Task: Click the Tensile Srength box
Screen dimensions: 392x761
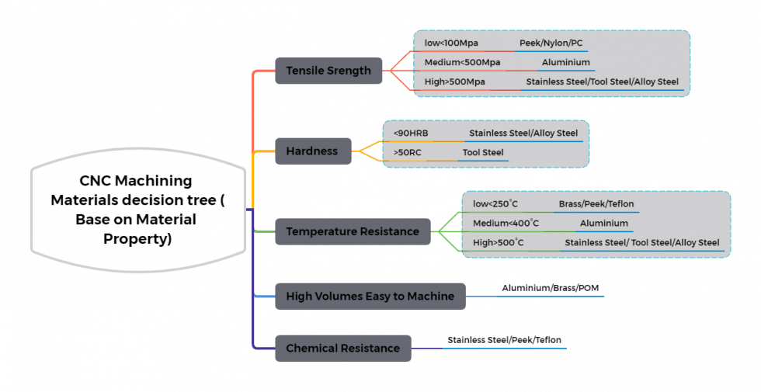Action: tap(328, 71)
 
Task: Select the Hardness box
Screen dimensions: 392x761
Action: tap(311, 151)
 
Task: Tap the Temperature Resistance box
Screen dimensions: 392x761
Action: tap(353, 231)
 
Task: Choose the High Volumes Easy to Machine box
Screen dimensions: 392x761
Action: tap(370, 296)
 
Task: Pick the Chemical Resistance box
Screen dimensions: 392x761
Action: tap(342, 348)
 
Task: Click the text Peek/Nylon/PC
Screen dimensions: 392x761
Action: tap(549, 43)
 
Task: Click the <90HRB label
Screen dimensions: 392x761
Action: tap(412, 133)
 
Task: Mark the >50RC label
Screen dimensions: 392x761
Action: tap(409, 152)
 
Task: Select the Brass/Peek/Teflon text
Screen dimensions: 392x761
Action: tap(596, 204)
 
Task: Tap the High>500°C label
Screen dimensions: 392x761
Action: tap(499, 243)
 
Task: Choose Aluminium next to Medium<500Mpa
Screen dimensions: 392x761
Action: tap(565, 62)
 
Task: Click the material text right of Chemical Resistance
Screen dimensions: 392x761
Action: tap(504, 340)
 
